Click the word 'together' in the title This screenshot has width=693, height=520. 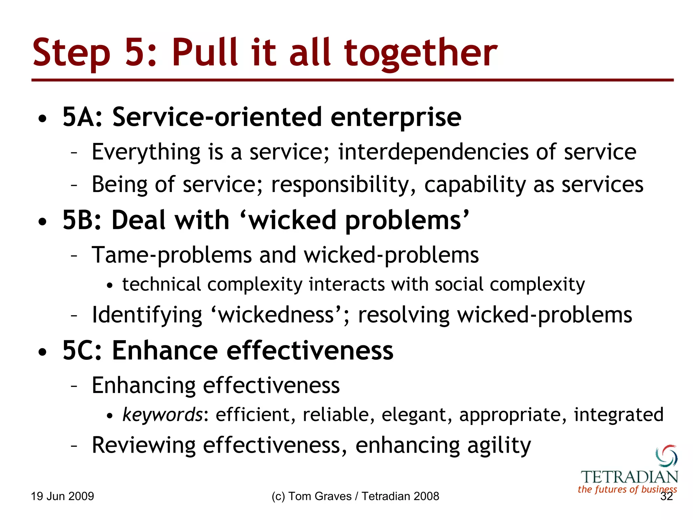tap(421, 53)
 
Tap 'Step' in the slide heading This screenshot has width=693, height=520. tap(71, 53)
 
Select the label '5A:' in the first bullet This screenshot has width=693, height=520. tap(82, 117)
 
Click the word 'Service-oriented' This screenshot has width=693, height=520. tap(217, 117)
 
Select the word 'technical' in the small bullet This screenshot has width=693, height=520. tap(161, 284)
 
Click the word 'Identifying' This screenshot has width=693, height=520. tap(147, 315)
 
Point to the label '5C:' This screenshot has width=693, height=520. tap(82, 351)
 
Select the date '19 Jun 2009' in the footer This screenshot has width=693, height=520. tap(62, 496)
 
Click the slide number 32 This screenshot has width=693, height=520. tap(667, 496)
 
